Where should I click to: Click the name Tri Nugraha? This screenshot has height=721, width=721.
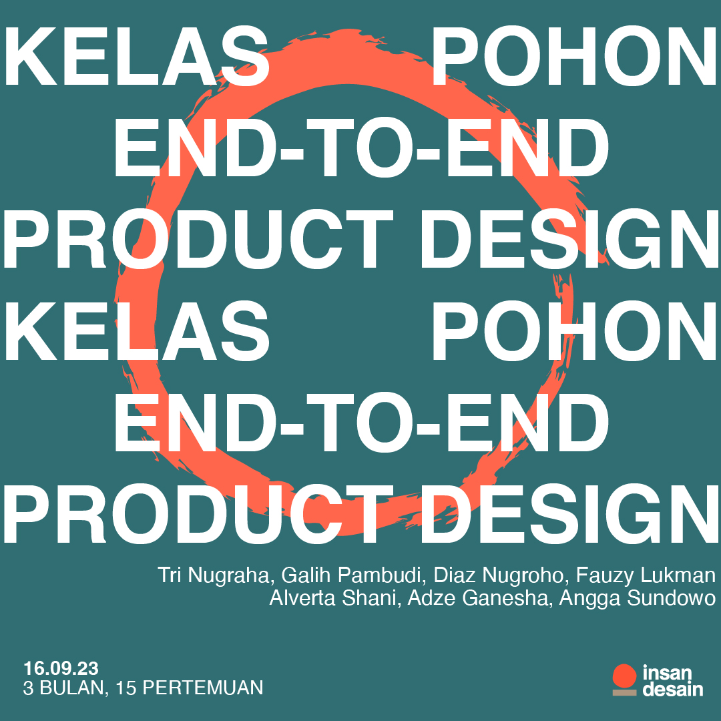click(x=213, y=575)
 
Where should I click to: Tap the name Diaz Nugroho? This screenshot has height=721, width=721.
click(x=499, y=576)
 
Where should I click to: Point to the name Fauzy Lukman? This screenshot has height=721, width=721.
click(x=646, y=576)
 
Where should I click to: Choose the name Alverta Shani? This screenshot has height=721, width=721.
click(x=332, y=597)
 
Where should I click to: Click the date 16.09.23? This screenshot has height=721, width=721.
click(x=61, y=668)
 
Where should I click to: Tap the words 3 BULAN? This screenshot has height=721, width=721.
click(x=63, y=688)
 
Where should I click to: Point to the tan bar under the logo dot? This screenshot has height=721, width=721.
click(x=624, y=692)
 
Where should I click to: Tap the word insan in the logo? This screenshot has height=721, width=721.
click(x=667, y=673)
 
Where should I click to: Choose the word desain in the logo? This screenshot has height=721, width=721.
click(x=673, y=689)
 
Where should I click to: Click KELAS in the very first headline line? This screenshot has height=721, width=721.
click(x=137, y=56)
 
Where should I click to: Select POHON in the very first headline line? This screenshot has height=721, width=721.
click(x=574, y=56)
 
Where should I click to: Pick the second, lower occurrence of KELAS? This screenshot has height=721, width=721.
click(x=137, y=330)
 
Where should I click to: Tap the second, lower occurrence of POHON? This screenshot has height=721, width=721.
click(x=574, y=330)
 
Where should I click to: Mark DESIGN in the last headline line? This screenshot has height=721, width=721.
click(x=569, y=514)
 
